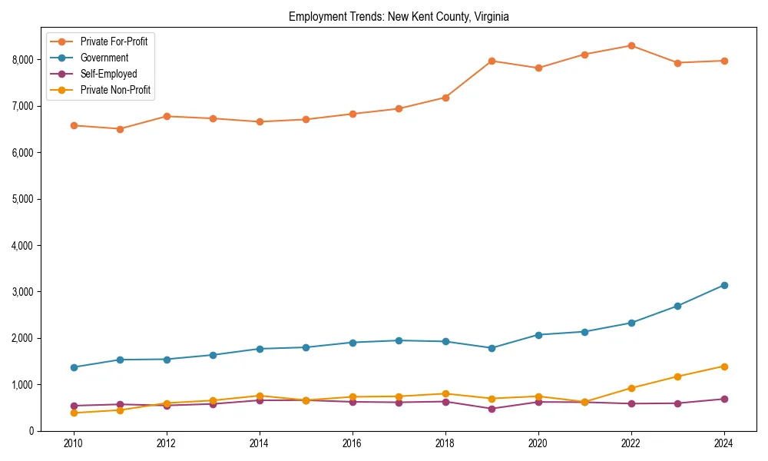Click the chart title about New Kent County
pyautogui.click(x=399, y=16)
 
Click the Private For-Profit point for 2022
pyautogui.click(x=631, y=45)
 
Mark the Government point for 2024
pyautogui.click(x=724, y=285)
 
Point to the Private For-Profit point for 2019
pyautogui.click(x=492, y=61)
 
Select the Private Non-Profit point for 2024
pyautogui.click(x=724, y=366)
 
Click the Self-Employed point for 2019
pyautogui.click(x=492, y=409)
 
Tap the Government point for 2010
pyautogui.click(x=74, y=367)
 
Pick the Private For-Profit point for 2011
pyautogui.click(x=120, y=129)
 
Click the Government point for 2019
pyautogui.click(x=492, y=348)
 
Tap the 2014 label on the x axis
pyautogui.click(x=260, y=444)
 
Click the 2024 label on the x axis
pyautogui.click(x=724, y=444)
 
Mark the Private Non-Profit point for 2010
pyautogui.click(x=74, y=413)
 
